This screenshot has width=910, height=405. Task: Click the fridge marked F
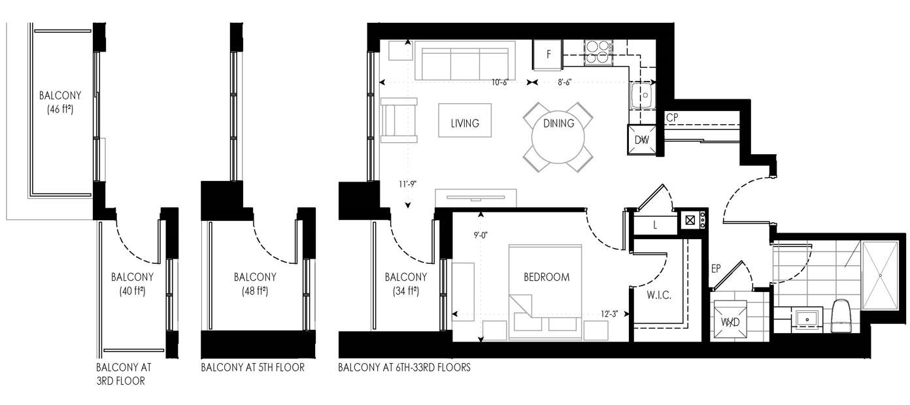coord(548,54)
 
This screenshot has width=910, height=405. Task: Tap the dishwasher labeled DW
coord(642,140)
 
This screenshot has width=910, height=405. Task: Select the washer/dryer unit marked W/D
coord(730,322)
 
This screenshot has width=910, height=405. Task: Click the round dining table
coord(558,137)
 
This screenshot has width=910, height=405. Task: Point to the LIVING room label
coord(465,123)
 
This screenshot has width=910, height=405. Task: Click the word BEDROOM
coord(547,277)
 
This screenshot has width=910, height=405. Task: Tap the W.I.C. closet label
coord(659,295)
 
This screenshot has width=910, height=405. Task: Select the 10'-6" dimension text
coord(499,82)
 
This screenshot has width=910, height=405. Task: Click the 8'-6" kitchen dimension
coord(564,82)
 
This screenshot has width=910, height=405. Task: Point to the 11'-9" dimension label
coord(407,184)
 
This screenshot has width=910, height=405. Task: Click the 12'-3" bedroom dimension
coord(609,314)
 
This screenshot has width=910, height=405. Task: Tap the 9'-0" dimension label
coord(480,235)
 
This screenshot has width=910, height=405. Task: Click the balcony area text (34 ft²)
coord(406,291)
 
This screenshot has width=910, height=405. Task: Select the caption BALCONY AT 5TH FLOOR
coord(253,368)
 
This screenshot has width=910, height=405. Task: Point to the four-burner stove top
coord(598,53)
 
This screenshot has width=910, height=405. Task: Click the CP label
coord(672,118)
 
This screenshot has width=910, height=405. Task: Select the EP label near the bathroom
coord(716,268)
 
